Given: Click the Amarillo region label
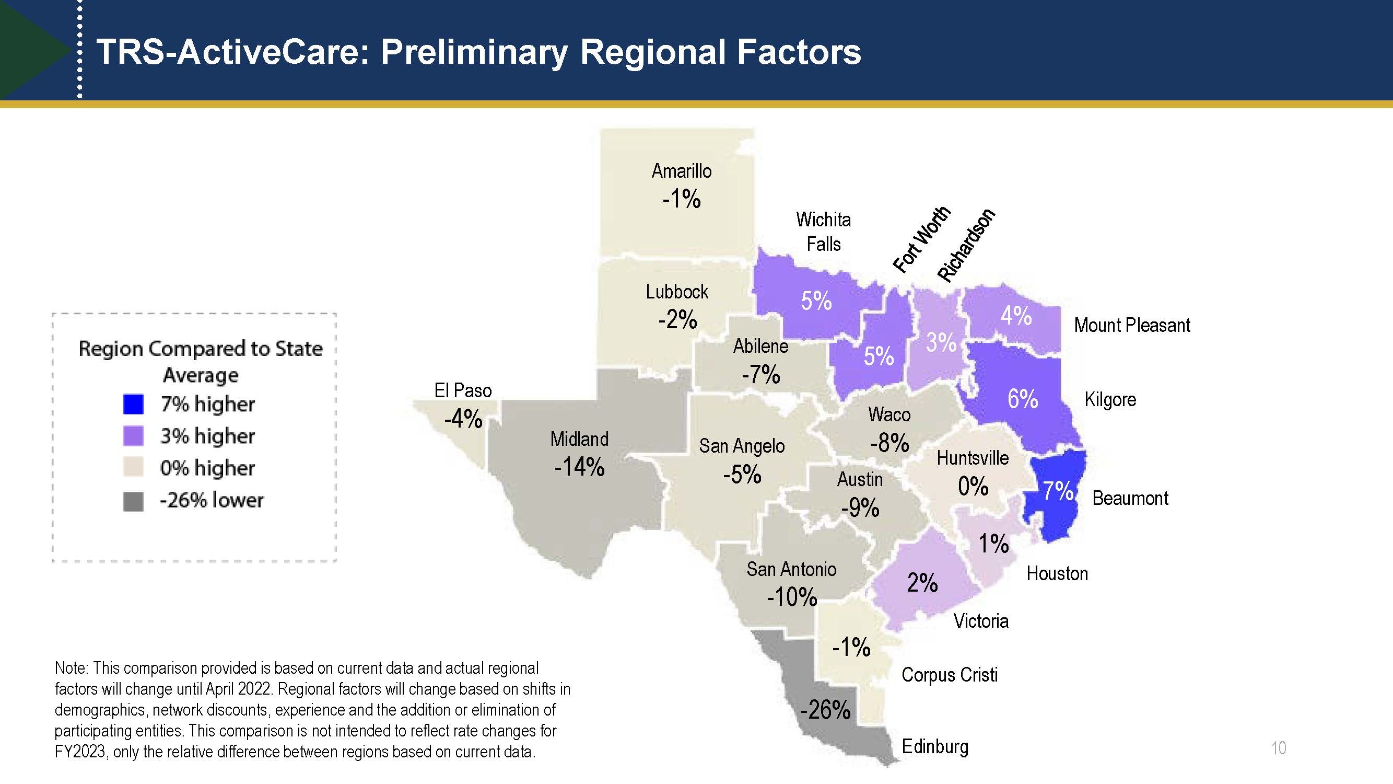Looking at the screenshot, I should click(x=682, y=171).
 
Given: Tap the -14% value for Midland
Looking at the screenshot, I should click(x=579, y=467).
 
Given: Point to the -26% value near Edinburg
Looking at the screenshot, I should click(x=825, y=710).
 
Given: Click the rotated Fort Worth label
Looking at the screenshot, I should click(x=921, y=239).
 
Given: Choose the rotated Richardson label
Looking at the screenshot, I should click(x=966, y=245).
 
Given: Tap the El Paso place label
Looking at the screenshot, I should click(x=463, y=390).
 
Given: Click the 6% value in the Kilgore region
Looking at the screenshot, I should click(x=1022, y=399).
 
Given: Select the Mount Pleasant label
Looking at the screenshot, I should click(x=1132, y=325).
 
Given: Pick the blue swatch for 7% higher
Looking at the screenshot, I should click(x=133, y=404).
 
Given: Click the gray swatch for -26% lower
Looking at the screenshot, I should click(x=133, y=501).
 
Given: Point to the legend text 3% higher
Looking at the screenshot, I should click(x=207, y=436).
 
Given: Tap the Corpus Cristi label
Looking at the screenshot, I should click(x=949, y=675).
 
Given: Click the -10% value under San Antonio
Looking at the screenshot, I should click(x=792, y=597).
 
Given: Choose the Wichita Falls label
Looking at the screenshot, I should click(x=823, y=232).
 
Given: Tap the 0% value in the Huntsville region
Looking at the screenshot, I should click(x=973, y=486).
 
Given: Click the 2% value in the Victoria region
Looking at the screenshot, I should click(x=922, y=583).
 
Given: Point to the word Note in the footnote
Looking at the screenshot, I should click(x=71, y=668).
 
